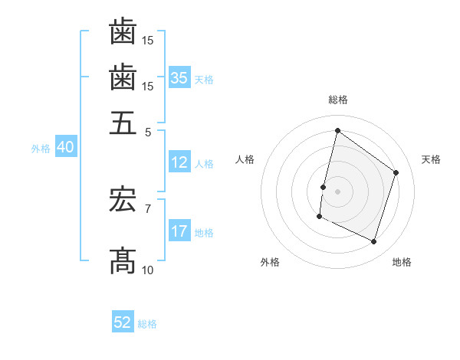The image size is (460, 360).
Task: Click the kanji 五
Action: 123,123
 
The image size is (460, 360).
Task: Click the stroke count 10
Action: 148,270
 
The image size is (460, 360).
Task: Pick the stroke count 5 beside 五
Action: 148,131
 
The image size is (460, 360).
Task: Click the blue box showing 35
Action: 179,78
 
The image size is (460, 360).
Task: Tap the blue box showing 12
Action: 179,162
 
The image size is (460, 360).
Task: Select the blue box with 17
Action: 179,231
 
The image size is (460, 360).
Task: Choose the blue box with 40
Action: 65,147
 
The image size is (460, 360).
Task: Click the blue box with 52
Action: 123,322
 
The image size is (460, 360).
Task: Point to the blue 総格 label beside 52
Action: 147,324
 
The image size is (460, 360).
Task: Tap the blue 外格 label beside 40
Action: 41,149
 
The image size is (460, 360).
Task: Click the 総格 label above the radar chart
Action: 337,100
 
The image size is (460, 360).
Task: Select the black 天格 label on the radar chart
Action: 431,159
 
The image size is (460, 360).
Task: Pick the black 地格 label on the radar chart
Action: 402,262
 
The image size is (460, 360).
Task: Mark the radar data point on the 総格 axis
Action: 337,131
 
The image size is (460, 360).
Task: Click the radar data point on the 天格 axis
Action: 396,172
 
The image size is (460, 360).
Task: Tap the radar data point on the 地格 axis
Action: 374,242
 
